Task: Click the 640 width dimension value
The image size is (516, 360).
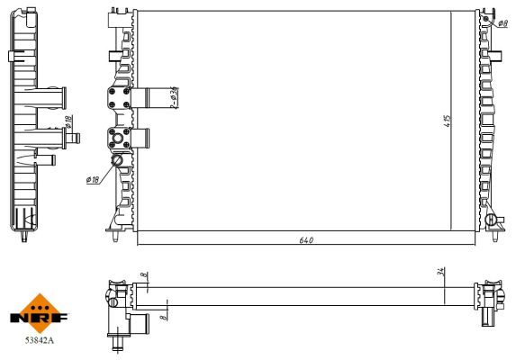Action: tap(304, 240)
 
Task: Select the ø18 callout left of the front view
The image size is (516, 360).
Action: tap(92, 180)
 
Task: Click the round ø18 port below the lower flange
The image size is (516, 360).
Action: tap(118, 160)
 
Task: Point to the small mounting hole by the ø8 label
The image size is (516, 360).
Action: tap(486, 19)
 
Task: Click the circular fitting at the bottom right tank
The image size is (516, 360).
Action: tap(490, 219)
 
